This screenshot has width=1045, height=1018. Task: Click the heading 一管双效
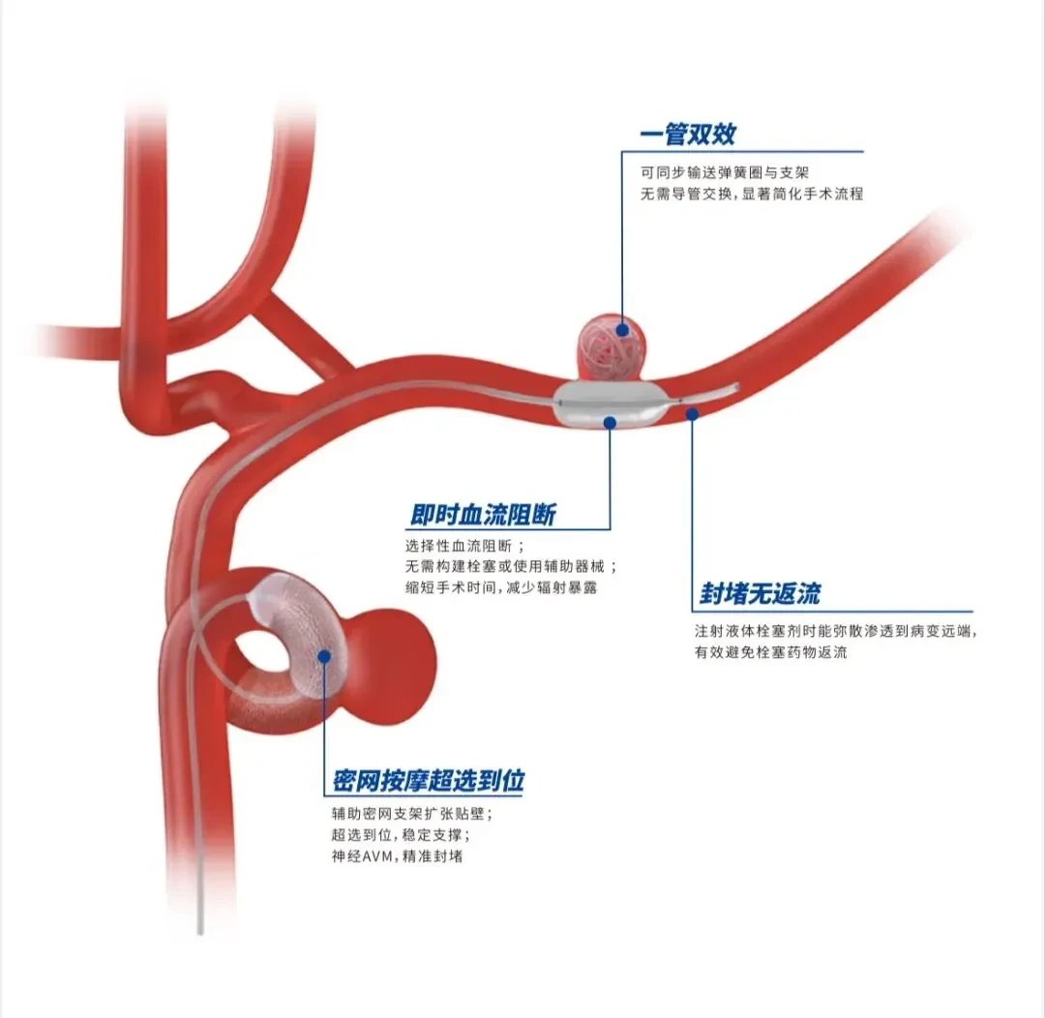pos(688,134)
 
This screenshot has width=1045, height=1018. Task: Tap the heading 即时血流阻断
pos(483,515)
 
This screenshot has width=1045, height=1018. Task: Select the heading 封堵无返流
pos(760,593)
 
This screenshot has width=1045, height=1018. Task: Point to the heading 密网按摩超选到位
pos(429,780)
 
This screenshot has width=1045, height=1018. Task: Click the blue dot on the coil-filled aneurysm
pos(622,329)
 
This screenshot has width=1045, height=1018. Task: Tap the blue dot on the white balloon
pos(610,422)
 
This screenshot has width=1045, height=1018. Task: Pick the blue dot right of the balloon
pos(693,414)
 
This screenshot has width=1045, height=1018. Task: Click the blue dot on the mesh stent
pos(324,657)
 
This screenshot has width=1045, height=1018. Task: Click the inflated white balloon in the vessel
pos(608,404)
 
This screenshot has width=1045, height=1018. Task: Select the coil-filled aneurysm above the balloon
pos(611,347)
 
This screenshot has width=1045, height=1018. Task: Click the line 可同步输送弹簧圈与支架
pos(725,172)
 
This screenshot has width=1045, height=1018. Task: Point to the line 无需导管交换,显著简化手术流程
pos(752,194)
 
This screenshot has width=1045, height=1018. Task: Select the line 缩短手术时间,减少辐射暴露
pos(501,587)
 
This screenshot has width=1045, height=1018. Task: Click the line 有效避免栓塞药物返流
pos(770,652)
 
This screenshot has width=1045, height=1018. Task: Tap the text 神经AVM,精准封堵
pos(398,856)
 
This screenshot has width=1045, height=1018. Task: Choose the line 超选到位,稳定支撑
pos(402,835)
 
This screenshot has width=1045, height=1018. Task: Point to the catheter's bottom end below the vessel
pos(200,932)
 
